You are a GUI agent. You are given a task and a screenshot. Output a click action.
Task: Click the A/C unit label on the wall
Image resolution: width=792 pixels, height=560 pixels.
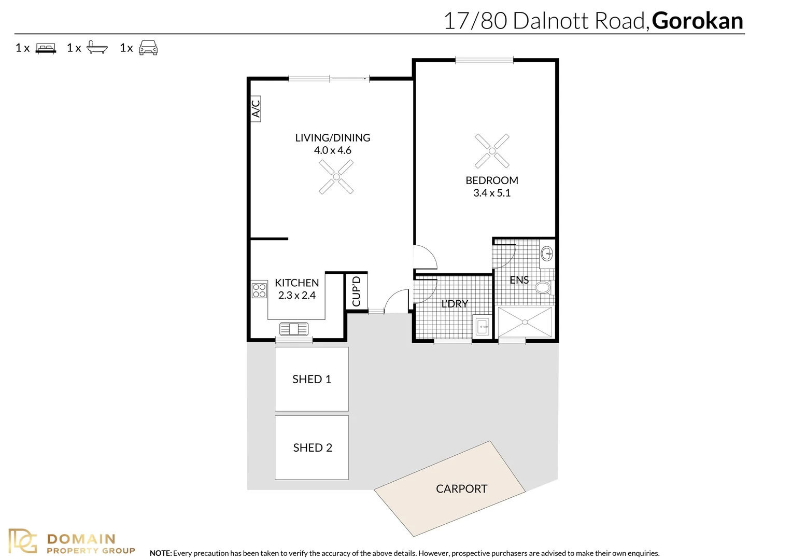256,109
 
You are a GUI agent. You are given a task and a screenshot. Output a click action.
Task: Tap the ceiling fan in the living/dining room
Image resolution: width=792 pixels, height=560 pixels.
336,177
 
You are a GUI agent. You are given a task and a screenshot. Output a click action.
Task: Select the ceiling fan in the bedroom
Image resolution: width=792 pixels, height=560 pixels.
492,151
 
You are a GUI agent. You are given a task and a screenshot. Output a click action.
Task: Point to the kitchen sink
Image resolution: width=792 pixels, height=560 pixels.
294,329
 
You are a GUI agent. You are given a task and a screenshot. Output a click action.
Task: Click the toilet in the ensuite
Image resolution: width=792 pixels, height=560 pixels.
544,287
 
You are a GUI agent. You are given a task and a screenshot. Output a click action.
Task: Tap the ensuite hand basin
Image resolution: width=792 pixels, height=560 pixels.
547,254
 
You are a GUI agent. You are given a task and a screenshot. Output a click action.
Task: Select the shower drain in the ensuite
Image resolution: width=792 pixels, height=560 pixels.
525,322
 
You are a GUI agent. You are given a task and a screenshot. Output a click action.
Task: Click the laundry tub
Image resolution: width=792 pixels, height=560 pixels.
482,327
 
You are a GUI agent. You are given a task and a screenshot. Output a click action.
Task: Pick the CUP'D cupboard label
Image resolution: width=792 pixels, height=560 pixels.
357,291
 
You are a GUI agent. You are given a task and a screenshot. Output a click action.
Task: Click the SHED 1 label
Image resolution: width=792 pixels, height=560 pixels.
312,379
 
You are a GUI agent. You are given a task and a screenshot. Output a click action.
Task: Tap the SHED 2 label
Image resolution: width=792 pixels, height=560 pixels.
313,448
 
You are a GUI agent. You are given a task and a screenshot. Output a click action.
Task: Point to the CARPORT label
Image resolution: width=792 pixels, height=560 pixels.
461,489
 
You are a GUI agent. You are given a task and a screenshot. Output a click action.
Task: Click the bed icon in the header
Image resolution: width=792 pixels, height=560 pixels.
46,48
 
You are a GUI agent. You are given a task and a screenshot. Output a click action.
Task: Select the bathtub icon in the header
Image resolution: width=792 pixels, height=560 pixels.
97,47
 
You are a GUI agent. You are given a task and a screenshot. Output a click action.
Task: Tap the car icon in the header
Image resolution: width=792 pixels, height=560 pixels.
148,47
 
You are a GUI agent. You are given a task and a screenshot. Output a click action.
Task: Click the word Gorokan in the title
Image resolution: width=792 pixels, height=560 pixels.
697,21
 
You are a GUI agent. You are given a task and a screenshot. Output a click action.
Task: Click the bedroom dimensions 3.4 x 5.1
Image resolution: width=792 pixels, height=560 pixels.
492,193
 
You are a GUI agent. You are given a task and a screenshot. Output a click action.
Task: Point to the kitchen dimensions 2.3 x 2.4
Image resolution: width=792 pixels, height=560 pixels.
296,296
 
